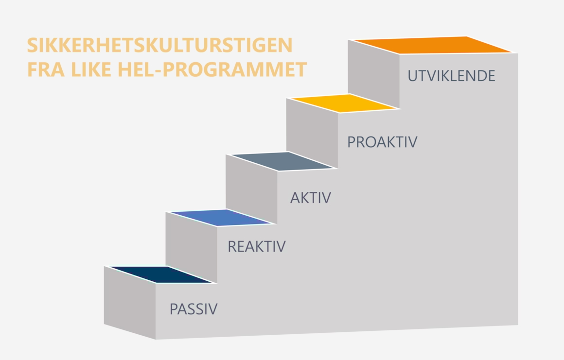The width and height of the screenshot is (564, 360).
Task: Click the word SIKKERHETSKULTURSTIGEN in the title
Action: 159,45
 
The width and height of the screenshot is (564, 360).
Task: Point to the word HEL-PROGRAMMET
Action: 212,69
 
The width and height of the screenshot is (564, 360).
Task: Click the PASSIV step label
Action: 194,309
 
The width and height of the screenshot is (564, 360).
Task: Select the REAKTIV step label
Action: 257,246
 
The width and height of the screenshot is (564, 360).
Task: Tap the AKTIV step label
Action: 310,198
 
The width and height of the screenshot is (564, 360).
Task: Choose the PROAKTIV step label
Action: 382,142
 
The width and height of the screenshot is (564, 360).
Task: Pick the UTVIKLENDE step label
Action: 451,76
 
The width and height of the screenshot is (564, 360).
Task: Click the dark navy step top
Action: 161,274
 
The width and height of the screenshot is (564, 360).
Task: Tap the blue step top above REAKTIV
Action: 221,218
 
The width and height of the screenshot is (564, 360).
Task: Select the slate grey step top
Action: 282,161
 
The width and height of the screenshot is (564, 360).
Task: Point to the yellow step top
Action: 344,103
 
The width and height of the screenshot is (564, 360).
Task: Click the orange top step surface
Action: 432,45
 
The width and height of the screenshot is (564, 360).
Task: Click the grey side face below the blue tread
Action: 192,247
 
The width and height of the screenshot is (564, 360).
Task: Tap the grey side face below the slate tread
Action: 251,189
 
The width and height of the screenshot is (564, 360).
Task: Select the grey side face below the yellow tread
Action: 312,133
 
